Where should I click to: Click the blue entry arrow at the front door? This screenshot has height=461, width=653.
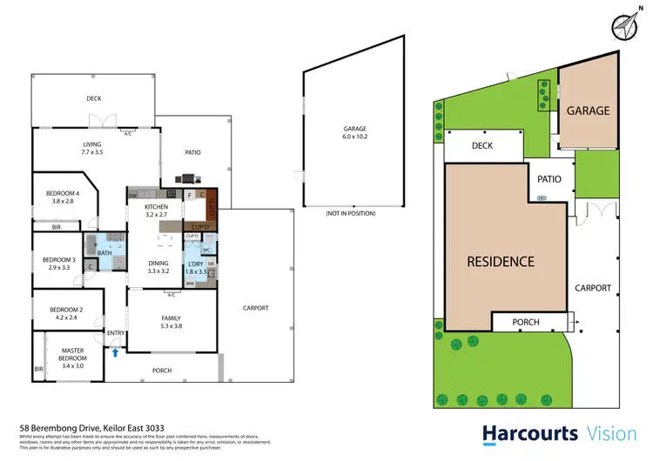116,352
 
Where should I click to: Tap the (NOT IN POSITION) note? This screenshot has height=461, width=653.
346,213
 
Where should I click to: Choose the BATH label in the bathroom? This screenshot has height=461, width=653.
104,253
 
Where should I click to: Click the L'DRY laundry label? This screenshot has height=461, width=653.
197,267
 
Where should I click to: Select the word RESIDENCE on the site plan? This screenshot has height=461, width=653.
500,260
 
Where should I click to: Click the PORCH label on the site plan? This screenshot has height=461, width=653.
525,323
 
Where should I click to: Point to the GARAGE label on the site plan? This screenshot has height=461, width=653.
588,110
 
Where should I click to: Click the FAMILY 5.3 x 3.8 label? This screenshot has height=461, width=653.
171,323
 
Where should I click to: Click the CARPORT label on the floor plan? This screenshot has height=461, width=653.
255,308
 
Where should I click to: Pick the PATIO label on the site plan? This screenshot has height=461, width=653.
549,180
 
